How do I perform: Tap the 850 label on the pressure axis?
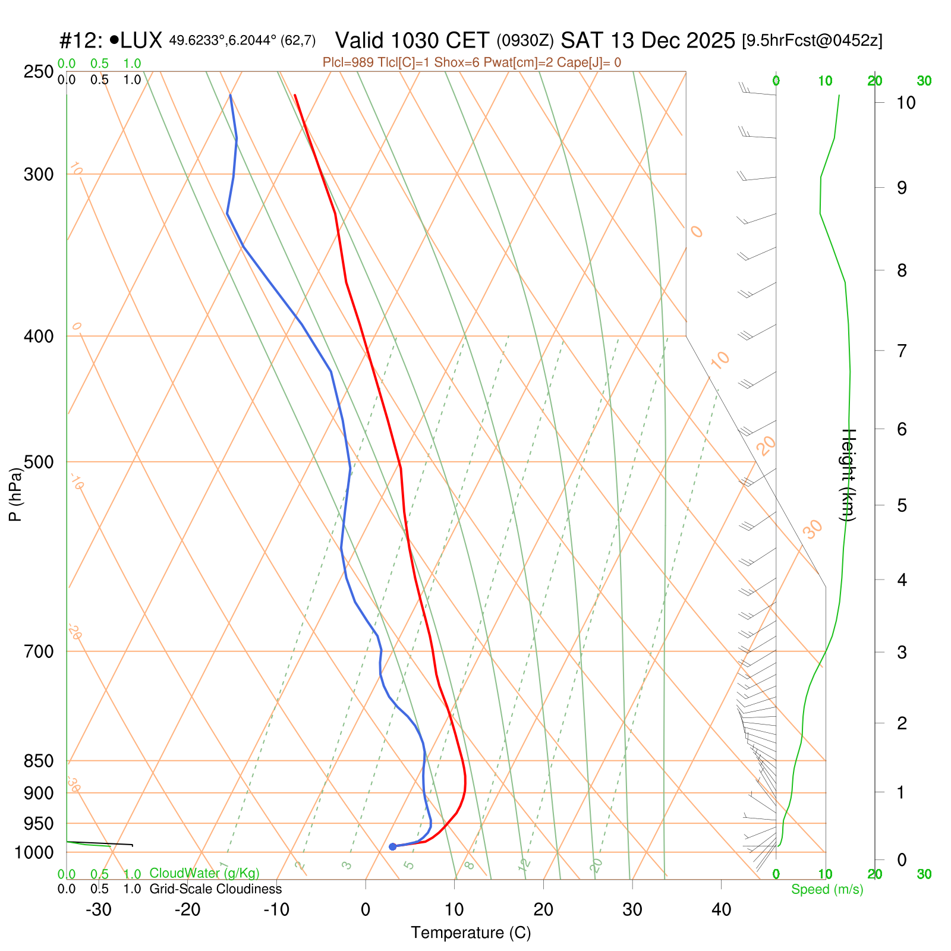(39, 761)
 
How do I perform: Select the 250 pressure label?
(39, 72)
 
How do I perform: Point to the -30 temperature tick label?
(99, 910)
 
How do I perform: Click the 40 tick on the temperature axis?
(721, 910)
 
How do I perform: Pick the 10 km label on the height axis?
(905, 103)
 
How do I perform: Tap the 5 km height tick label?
(902, 506)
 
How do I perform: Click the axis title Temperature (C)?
(471, 933)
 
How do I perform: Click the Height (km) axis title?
(848, 475)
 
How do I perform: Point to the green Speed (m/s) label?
(827, 889)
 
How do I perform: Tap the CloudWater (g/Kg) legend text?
(204, 873)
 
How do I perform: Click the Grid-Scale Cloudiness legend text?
(215, 889)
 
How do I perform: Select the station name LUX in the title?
(141, 40)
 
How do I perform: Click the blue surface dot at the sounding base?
(392, 846)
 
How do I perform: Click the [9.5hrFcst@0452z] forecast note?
(812, 40)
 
